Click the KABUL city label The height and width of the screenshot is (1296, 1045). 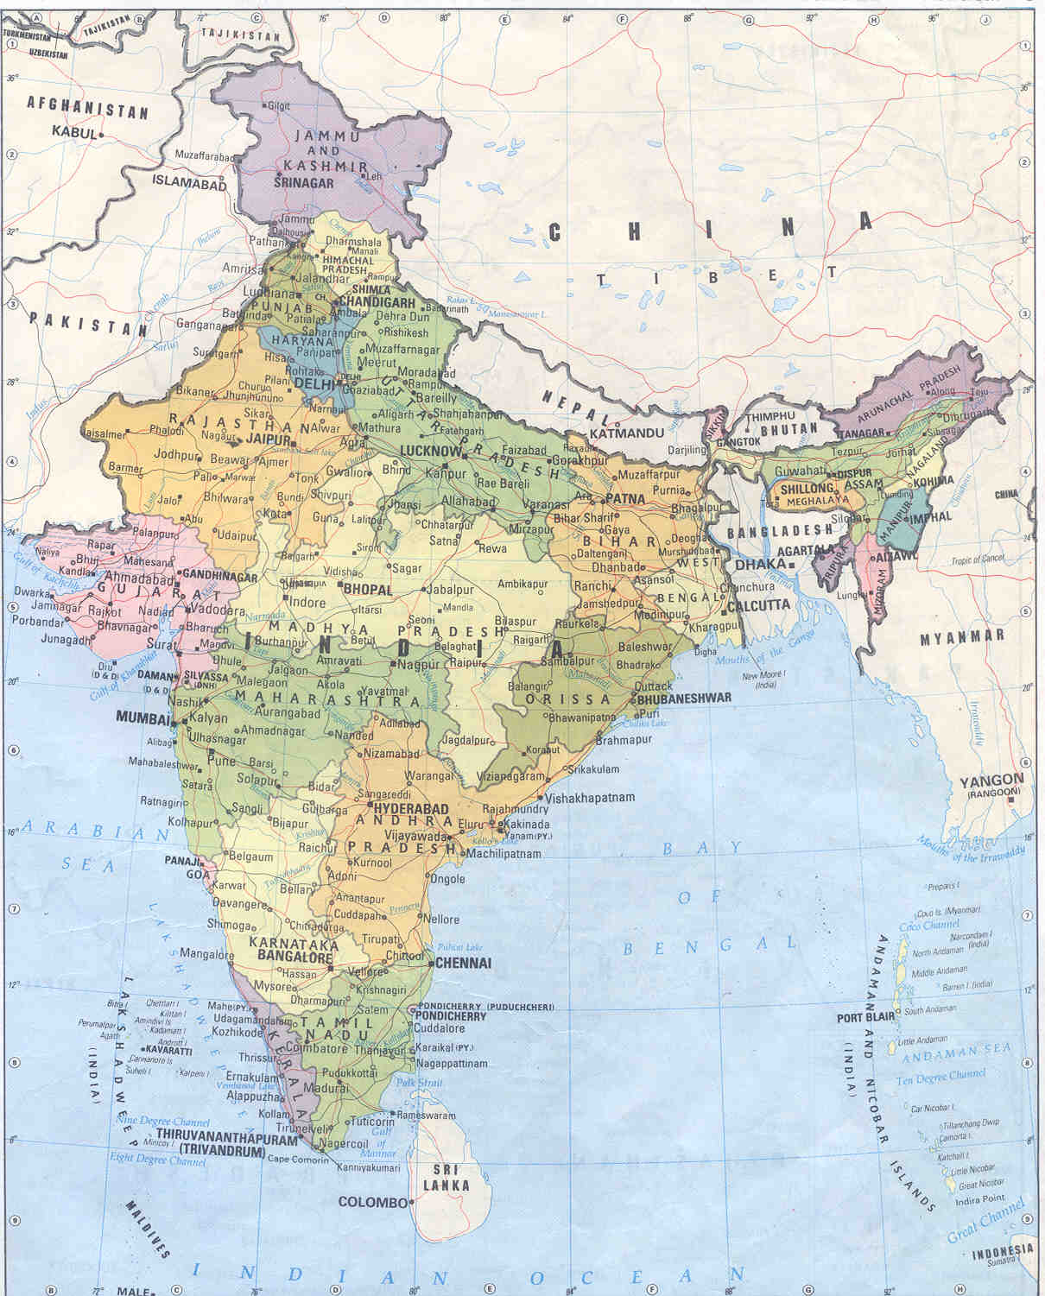[x=74, y=132]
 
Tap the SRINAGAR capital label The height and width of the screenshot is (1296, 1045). [x=303, y=183]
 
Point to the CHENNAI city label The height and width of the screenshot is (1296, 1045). [x=464, y=963]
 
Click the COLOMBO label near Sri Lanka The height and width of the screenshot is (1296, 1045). [x=372, y=1202]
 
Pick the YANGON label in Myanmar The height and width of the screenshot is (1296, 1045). [x=991, y=781]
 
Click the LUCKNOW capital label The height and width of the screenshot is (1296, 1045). [x=431, y=451]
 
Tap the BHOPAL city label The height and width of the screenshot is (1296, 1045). [x=368, y=589]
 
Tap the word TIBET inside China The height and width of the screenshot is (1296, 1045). [x=716, y=276]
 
